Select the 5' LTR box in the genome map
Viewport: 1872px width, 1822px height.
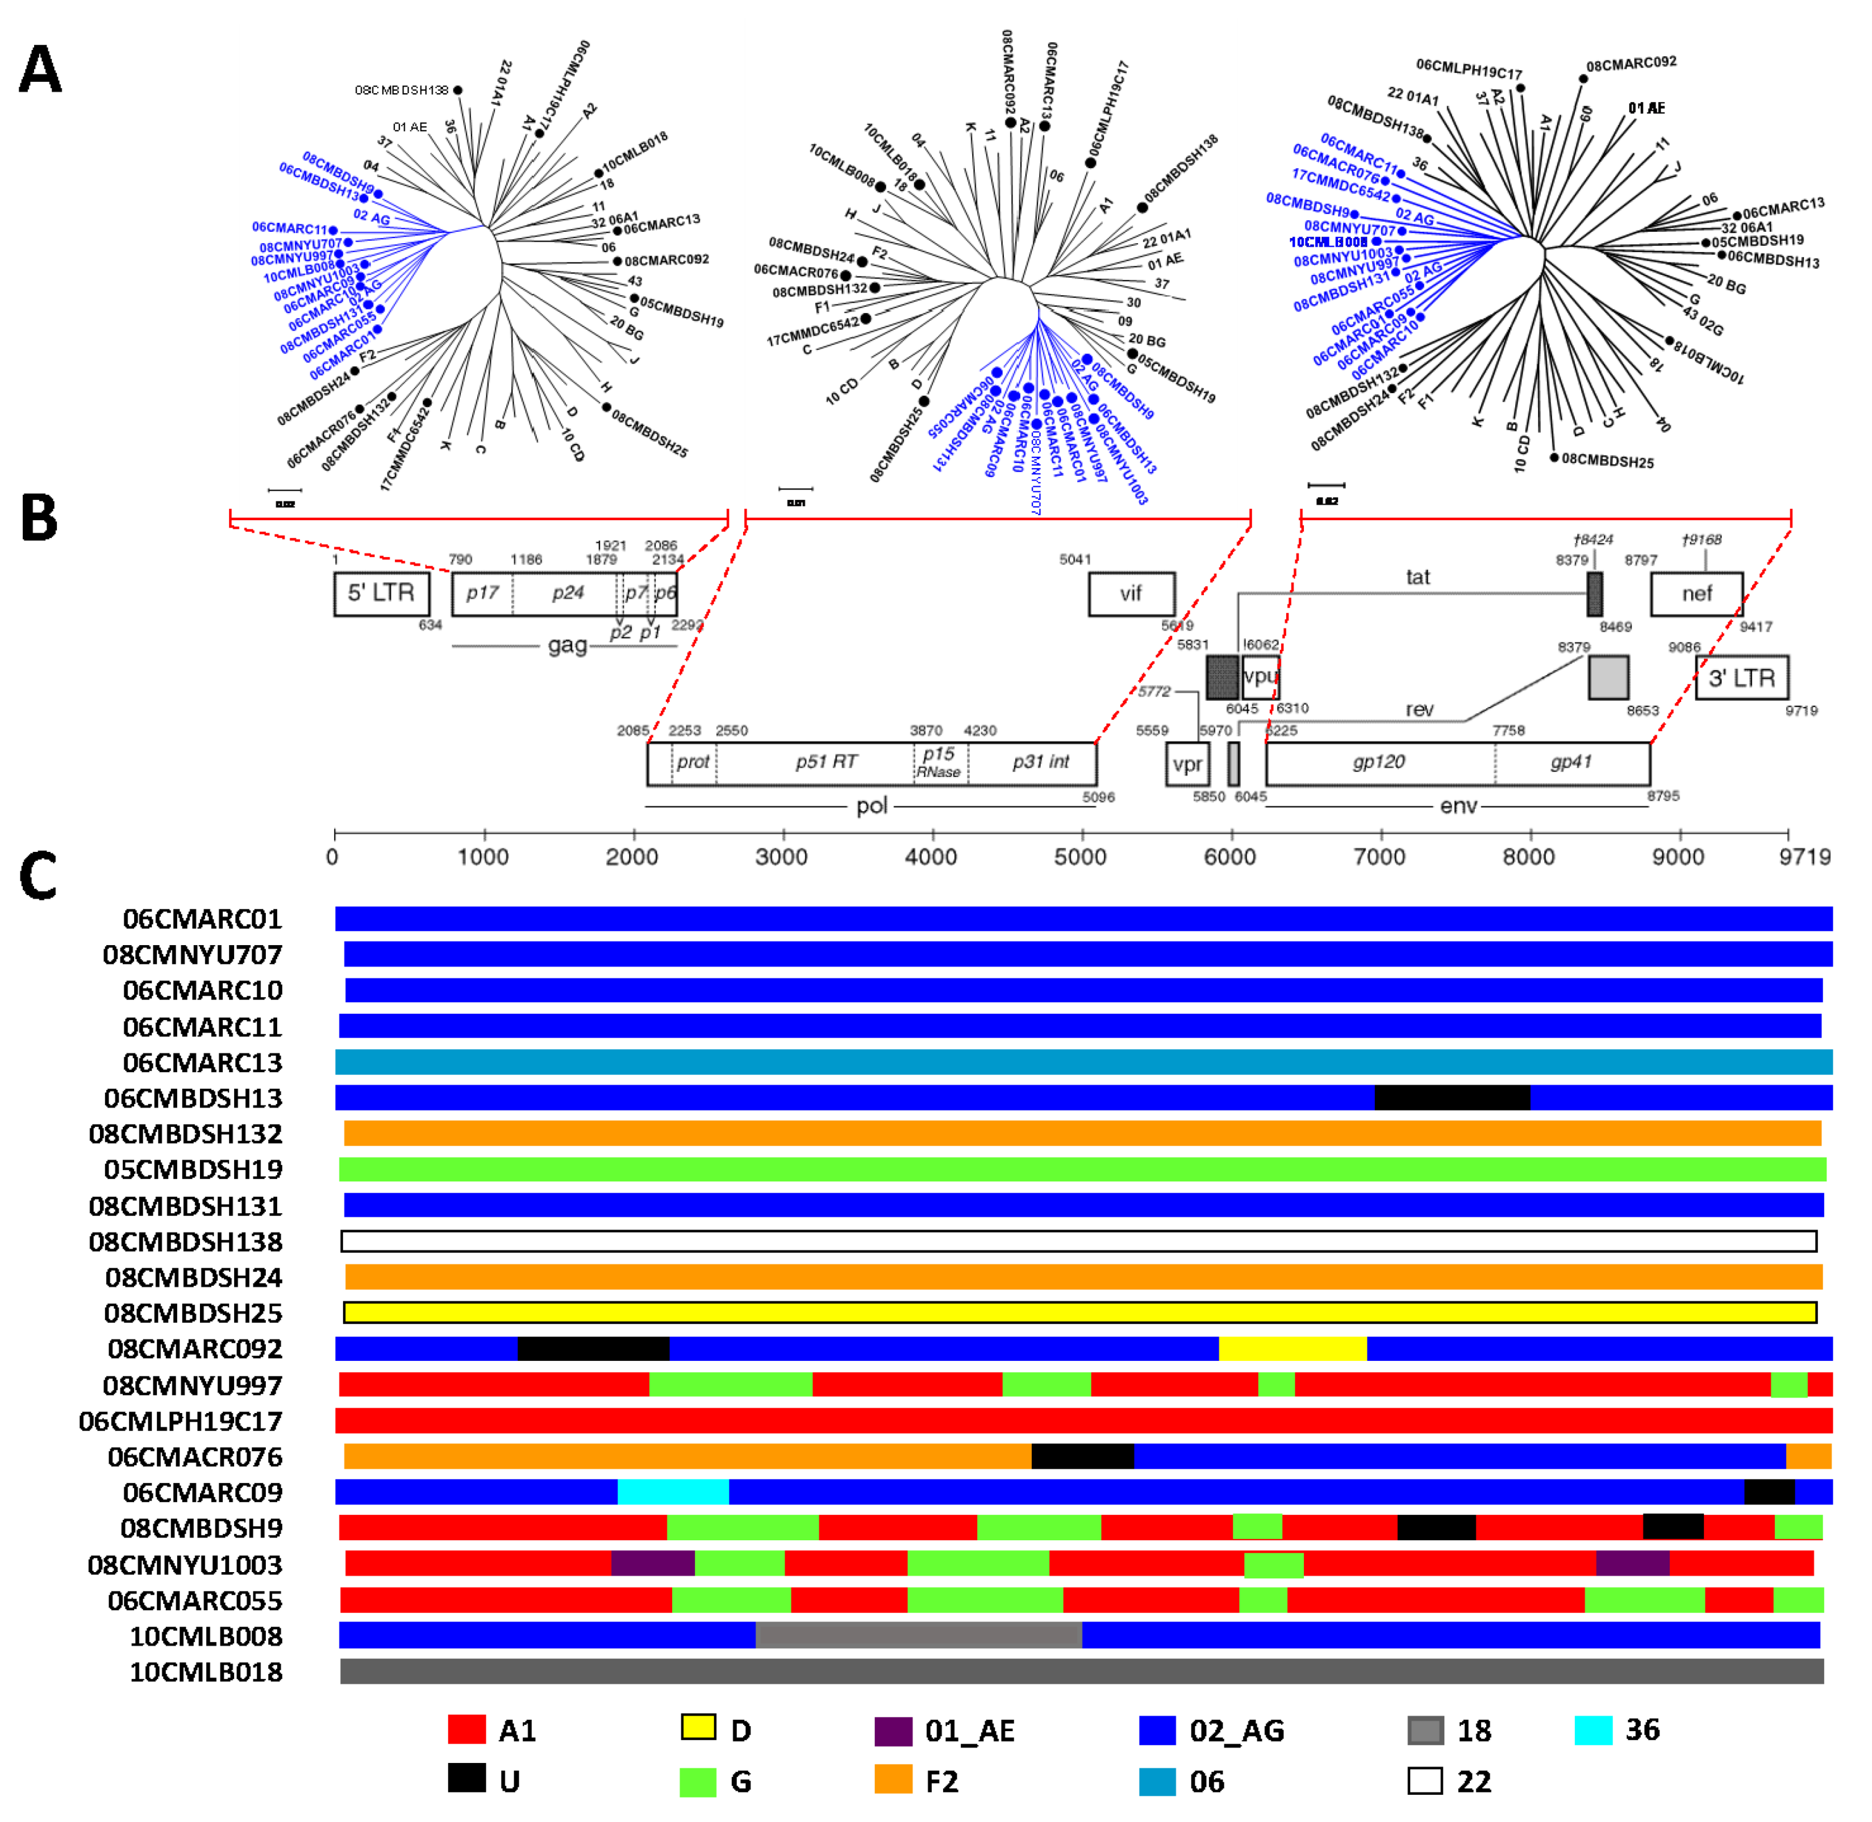(x=381, y=594)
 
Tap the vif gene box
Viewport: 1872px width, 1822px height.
(x=1131, y=594)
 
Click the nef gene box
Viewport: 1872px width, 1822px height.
(x=1696, y=594)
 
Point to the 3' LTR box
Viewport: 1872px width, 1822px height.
(x=1741, y=678)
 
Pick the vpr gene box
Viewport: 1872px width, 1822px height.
(x=1187, y=764)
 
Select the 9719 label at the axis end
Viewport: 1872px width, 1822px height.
(x=1804, y=856)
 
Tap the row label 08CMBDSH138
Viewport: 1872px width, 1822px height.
(x=186, y=1241)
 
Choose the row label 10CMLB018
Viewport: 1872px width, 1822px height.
(x=206, y=1671)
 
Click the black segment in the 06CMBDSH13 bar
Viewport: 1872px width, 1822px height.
(x=1452, y=1098)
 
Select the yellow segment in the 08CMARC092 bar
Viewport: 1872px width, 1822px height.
(x=1292, y=1348)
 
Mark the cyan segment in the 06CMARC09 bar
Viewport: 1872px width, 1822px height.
(x=673, y=1492)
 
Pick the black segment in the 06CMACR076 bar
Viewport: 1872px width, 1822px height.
(x=1082, y=1456)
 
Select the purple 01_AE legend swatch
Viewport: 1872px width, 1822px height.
(x=893, y=1730)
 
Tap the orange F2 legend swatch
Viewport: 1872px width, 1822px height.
(x=893, y=1780)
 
